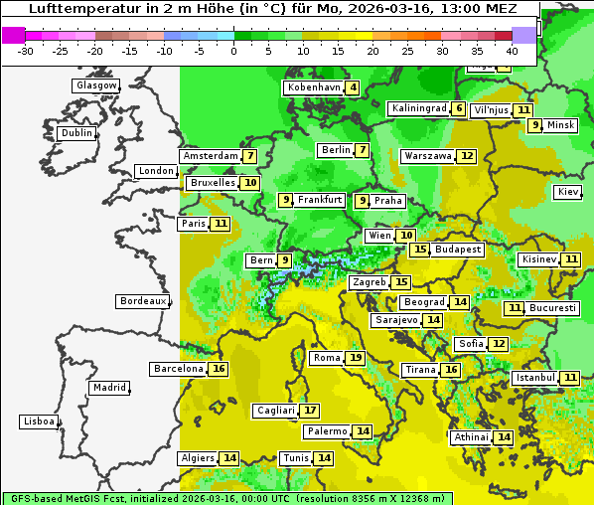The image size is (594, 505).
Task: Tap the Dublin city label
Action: click(76, 133)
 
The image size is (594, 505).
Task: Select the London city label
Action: click(156, 171)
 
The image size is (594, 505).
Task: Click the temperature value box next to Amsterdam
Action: click(250, 156)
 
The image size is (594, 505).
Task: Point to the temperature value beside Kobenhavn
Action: click(353, 87)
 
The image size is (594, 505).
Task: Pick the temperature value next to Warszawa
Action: click(467, 156)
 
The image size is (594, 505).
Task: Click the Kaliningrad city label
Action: click(418, 108)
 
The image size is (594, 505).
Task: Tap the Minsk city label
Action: click(561, 125)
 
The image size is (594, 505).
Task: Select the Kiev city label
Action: click(568, 192)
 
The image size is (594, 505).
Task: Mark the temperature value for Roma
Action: click(356, 358)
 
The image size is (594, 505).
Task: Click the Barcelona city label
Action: click(179, 369)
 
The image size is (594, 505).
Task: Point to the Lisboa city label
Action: click(39, 421)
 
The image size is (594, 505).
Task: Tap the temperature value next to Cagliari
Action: click(311, 411)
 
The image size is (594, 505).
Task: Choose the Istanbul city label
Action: click(536, 378)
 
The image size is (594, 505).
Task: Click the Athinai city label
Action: click(471, 437)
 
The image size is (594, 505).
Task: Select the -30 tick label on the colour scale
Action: click(26, 51)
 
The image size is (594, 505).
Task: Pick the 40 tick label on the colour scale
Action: click(512, 51)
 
